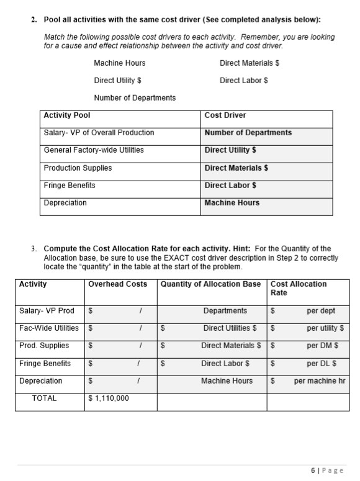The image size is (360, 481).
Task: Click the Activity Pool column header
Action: coord(67,115)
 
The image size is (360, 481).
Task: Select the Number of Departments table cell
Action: coord(248,133)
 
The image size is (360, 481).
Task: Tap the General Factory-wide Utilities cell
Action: coord(94,150)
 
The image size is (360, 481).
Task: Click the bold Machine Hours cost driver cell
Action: coord(232,203)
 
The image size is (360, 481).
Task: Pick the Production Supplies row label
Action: coord(78,168)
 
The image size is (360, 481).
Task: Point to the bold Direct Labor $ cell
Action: coord(230,186)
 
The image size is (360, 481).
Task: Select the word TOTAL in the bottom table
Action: coord(44,398)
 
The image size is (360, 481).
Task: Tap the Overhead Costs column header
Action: coord(118,284)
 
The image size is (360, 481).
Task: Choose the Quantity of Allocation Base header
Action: coord(211,284)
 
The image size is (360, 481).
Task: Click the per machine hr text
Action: coord(320,381)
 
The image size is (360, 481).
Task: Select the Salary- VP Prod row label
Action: coord(47,311)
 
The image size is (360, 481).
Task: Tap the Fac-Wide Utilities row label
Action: coord(49,328)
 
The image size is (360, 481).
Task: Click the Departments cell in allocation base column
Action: coord(225,311)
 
